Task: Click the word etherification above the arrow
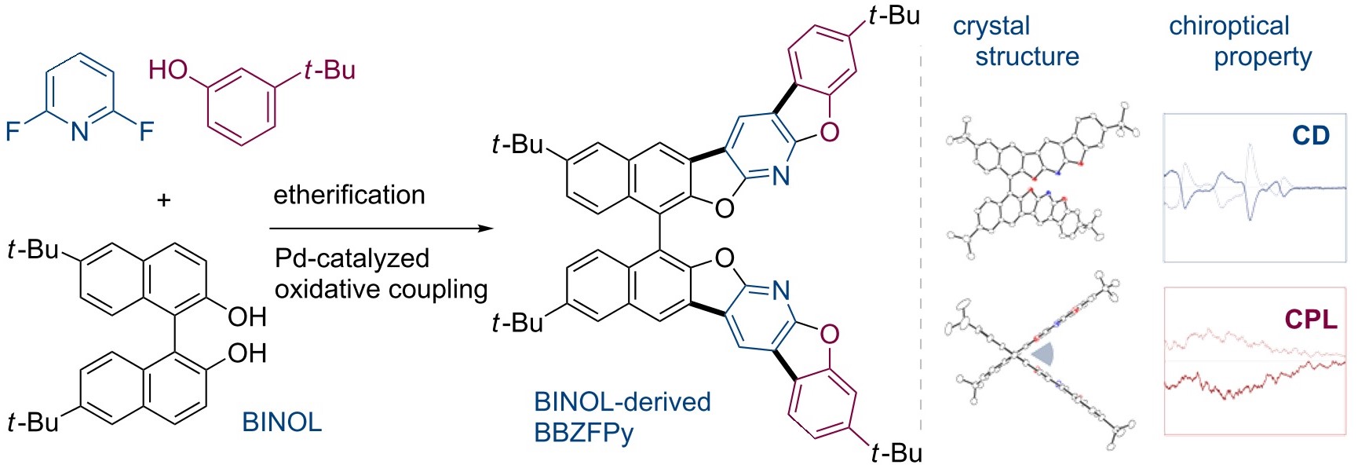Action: tap(349, 194)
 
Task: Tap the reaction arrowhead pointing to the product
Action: tap(486, 229)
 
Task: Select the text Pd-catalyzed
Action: tap(352, 258)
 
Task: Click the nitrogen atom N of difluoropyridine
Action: tap(80, 132)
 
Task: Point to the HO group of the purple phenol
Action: tap(168, 71)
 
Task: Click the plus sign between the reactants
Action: tap(163, 200)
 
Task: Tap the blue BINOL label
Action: tap(282, 423)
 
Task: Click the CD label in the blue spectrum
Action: tap(1310, 136)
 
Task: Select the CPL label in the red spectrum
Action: tap(1311, 320)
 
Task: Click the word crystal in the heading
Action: tap(991, 26)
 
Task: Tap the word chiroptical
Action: tap(1228, 26)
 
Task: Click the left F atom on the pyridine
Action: tap(13, 130)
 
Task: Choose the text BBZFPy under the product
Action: tap(583, 433)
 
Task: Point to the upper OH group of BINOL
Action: tap(247, 316)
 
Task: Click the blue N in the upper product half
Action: tap(780, 176)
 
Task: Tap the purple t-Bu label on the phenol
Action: tap(330, 71)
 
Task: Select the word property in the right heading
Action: tap(1262, 57)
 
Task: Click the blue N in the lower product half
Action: tap(780, 291)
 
